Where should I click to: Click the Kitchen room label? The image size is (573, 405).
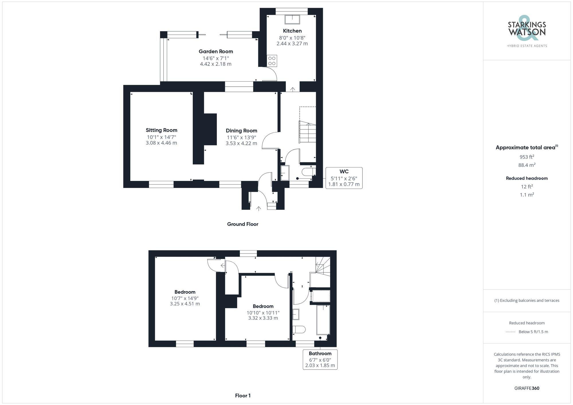(292, 31)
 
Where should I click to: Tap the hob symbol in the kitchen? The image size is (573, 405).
(272, 61)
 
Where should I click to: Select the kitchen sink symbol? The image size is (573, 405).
(292, 19)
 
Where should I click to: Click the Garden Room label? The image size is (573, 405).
(216, 52)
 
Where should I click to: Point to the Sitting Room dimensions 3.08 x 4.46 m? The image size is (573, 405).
(161, 143)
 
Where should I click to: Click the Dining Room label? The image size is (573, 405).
(241, 131)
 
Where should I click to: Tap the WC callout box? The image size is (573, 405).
(344, 178)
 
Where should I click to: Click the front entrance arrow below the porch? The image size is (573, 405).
(258, 209)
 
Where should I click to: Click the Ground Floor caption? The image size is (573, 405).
(243, 224)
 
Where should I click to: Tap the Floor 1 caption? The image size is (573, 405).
(243, 396)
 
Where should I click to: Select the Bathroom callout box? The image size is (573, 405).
(320, 359)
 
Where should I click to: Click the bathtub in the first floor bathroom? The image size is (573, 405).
(323, 320)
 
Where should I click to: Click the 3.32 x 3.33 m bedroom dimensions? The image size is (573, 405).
(263, 318)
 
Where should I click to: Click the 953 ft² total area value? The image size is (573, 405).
(527, 157)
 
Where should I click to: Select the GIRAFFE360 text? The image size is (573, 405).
(527, 388)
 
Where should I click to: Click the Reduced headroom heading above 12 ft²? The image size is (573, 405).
(527, 178)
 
